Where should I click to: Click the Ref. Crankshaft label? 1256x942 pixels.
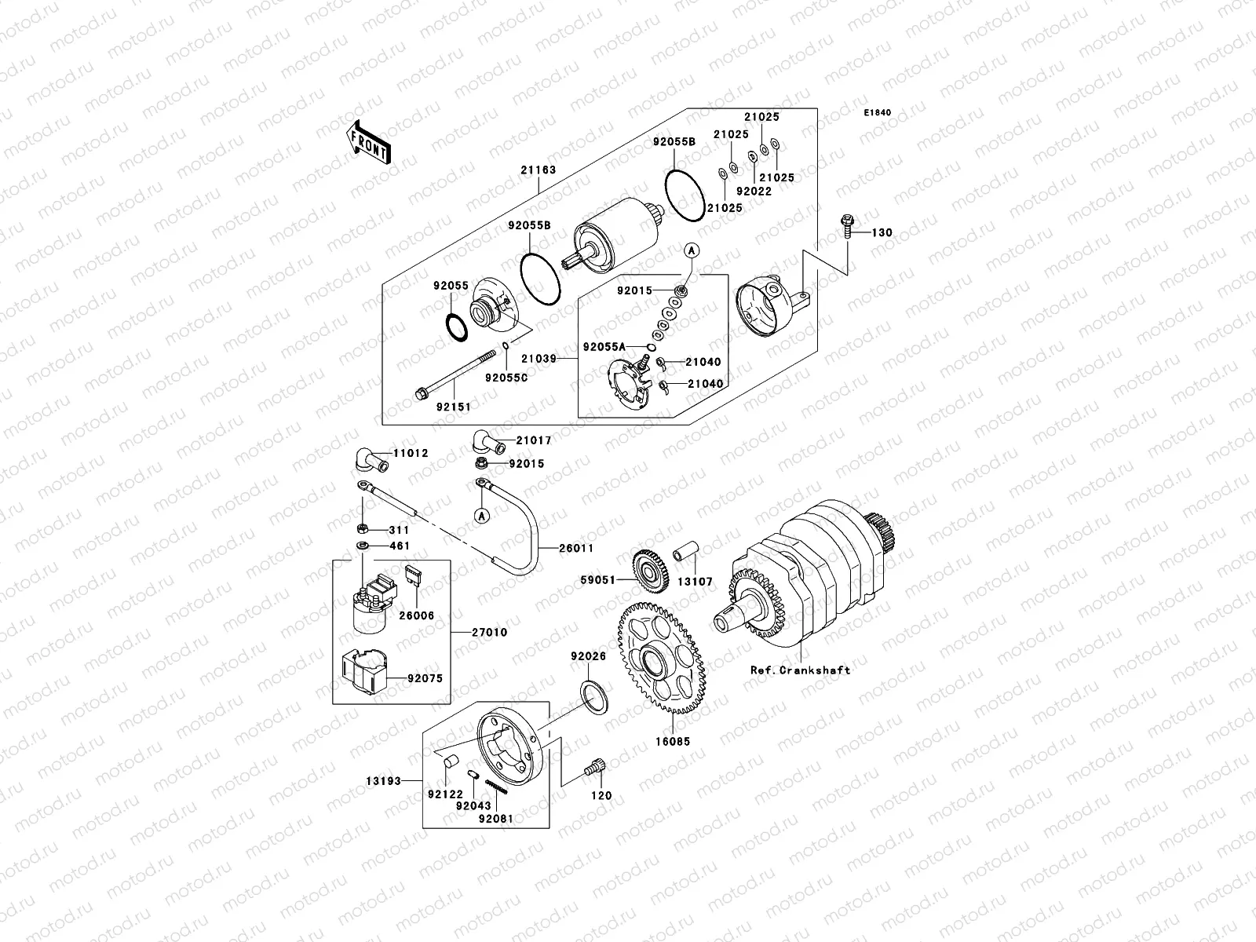[799, 670]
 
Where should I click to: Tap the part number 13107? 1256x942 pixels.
[696, 582]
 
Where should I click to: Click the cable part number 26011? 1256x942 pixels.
[576, 548]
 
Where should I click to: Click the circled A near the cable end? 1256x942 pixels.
[480, 516]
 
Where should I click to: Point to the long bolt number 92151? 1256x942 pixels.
[451, 407]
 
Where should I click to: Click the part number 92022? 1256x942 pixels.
[754, 192]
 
